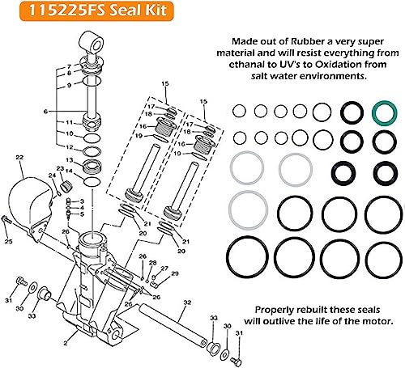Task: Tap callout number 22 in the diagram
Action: point(19,156)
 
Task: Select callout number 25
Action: point(8,241)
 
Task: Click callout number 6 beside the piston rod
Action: point(58,112)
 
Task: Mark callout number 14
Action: point(70,171)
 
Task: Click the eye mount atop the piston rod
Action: point(91,41)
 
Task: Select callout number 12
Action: point(70,148)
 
